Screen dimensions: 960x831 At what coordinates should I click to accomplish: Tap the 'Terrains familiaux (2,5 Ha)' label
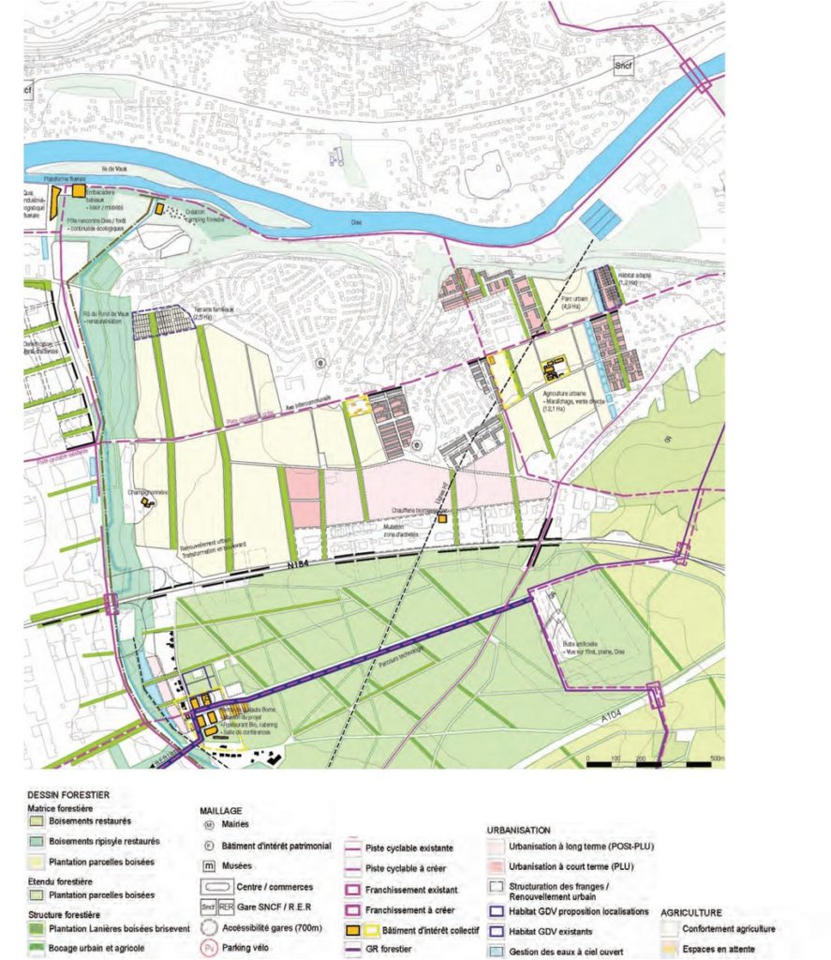click(x=213, y=313)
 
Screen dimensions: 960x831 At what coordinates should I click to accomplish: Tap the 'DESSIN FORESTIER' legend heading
click(x=69, y=794)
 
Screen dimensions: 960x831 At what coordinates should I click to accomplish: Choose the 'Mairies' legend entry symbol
click(x=211, y=825)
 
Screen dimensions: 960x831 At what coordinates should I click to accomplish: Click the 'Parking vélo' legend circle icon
click(x=211, y=948)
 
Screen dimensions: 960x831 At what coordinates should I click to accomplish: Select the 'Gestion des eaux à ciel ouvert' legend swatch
click(x=497, y=950)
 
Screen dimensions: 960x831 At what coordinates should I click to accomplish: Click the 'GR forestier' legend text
click(x=393, y=950)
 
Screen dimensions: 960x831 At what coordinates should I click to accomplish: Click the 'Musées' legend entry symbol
click(x=211, y=865)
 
